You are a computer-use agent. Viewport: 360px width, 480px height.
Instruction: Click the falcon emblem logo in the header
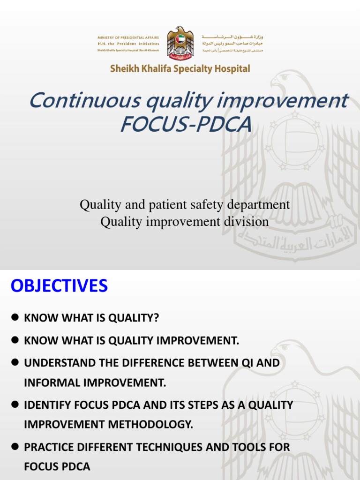tap(180, 43)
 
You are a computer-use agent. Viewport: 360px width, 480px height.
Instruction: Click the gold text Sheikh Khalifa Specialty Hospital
tap(180, 69)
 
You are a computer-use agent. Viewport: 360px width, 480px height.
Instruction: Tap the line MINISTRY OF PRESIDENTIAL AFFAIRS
tap(128, 37)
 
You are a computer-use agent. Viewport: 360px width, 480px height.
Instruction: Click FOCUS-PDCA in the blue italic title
tap(186, 125)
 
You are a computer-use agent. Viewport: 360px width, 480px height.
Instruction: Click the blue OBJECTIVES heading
tap(59, 285)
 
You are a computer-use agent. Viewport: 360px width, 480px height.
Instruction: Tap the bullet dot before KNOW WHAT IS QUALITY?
tap(15, 318)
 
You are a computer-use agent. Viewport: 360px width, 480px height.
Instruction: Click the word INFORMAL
tap(49, 383)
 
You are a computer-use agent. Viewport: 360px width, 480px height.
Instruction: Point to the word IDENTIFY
tap(44, 405)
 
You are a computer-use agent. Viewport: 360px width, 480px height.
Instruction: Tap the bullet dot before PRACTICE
tap(15, 447)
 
